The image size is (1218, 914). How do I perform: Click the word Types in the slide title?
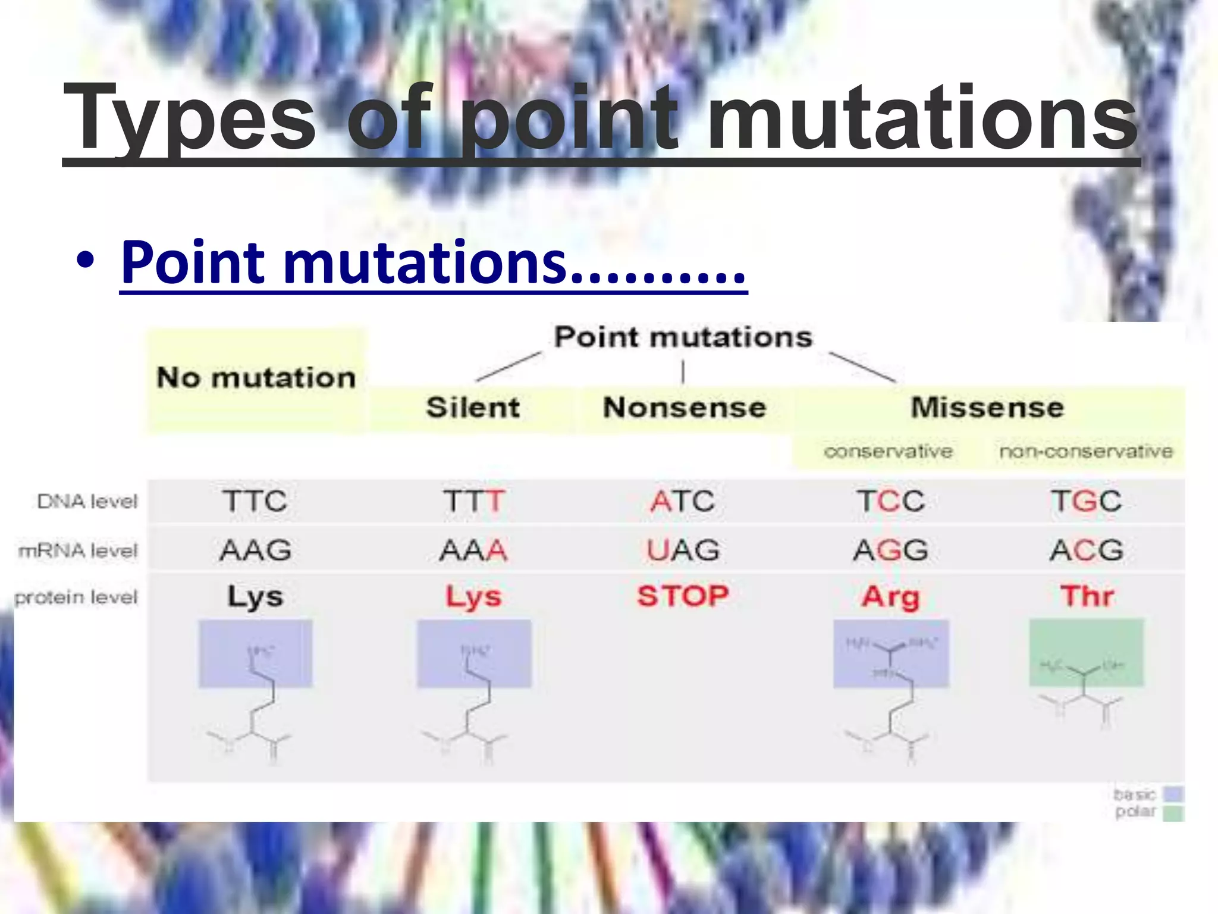click(x=189, y=119)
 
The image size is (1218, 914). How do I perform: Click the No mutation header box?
click(x=256, y=378)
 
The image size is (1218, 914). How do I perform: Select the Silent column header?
click(x=473, y=408)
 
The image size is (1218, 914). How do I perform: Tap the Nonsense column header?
click(x=684, y=408)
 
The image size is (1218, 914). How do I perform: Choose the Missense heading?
click(x=987, y=408)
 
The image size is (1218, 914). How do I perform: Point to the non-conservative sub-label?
click(x=1085, y=452)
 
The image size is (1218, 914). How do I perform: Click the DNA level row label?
click(x=87, y=502)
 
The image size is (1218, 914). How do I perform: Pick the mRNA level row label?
click(x=78, y=550)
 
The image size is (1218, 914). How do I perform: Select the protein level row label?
click(x=76, y=597)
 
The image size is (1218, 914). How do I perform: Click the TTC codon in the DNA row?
click(x=255, y=501)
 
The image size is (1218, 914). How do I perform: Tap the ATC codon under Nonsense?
click(x=682, y=501)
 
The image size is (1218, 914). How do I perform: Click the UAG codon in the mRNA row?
click(x=682, y=550)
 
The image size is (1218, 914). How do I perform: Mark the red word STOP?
click(x=683, y=596)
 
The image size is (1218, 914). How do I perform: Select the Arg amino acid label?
click(x=890, y=596)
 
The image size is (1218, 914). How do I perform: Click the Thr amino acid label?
click(x=1087, y=596)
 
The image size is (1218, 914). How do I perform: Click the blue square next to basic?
click(x=1173, y=794)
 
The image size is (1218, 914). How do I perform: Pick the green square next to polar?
click(x=1173, y=813)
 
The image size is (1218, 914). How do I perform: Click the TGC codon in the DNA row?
click(x=1086, y=501)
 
